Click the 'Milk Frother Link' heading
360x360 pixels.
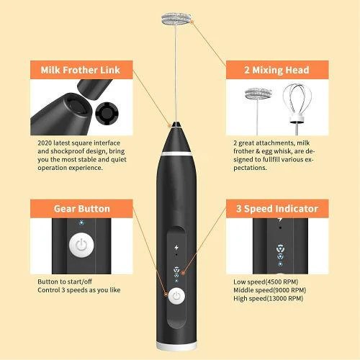[80, 70]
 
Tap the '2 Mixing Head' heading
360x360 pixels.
[276, 70]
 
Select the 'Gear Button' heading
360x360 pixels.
[82, 209]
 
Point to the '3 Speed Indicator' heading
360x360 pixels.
[277, 209]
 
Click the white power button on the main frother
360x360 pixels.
[176, 296]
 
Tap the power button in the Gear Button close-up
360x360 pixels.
[81, 245]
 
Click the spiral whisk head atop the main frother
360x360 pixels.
[176, 19]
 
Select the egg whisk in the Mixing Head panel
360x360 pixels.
[297, 103]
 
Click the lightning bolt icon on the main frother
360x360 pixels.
[176, 247]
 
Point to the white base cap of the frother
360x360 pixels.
[176, 346]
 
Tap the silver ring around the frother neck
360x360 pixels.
[176, 153]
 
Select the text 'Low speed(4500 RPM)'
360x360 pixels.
[266, 282]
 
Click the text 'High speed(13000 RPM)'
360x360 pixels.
[269, 298]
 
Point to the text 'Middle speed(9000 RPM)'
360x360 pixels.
[270, 290]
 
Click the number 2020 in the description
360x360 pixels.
[45, 143]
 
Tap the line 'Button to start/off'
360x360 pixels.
[65, 282]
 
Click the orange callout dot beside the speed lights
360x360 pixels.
[184, 272]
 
